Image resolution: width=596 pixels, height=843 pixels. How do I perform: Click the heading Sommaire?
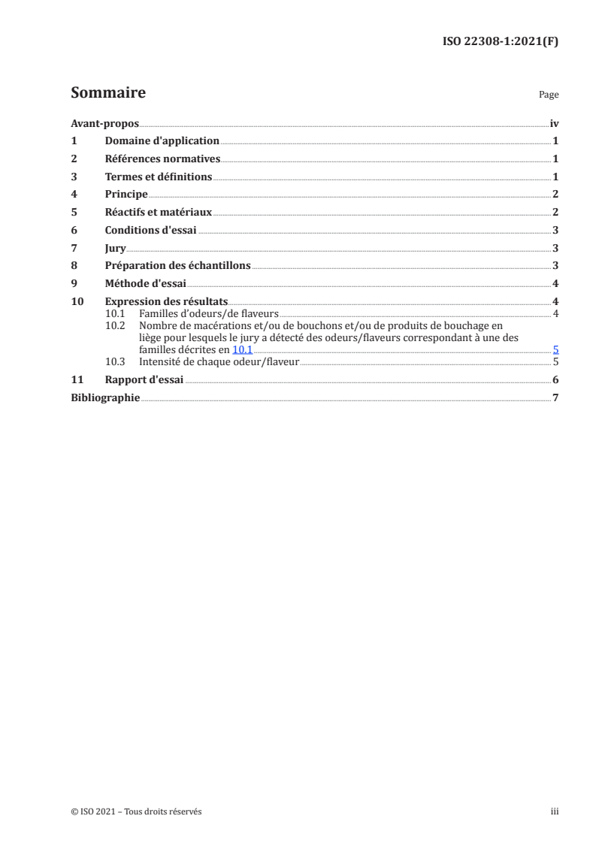107,93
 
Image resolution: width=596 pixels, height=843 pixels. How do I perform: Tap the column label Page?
549,95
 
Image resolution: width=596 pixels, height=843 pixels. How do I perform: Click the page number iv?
554,123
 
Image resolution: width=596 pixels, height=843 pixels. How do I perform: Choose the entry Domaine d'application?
162,140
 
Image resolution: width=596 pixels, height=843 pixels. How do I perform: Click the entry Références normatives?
162,159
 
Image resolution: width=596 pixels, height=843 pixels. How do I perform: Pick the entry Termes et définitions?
159,177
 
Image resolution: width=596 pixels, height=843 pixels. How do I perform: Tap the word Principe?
126,194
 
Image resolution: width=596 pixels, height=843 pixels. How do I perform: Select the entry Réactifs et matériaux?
159,212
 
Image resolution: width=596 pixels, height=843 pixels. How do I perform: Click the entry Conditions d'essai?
151,230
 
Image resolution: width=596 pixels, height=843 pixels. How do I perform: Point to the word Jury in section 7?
115,247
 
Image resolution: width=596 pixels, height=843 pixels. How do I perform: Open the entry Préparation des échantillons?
178,265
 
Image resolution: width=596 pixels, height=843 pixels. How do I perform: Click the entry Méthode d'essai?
146,283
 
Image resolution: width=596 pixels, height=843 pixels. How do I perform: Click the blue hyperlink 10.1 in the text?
242,349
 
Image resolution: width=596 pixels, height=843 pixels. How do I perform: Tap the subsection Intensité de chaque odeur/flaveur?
219,361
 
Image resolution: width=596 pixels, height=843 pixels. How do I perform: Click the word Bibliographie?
105,397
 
